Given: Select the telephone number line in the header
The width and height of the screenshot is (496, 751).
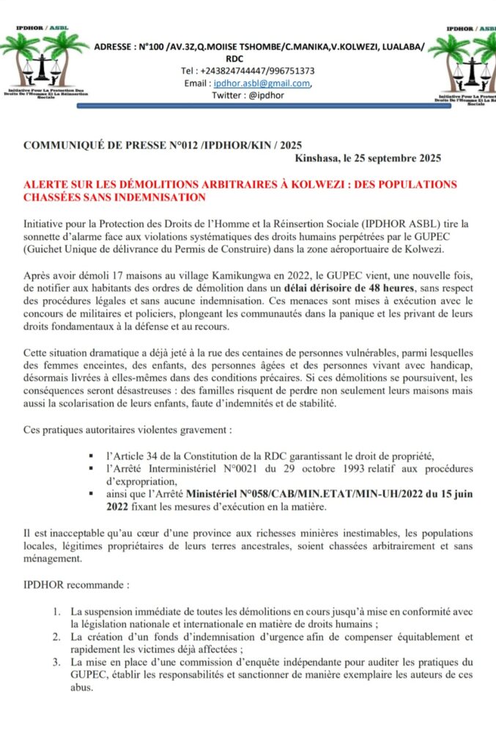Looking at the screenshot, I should coord(248,70).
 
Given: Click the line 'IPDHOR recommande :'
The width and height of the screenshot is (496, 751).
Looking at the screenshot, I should coord(77,587).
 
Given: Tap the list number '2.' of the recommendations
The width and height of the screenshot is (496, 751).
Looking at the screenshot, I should coord(56,637).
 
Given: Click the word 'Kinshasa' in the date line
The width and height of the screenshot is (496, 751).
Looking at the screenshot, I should coord(319,158).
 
